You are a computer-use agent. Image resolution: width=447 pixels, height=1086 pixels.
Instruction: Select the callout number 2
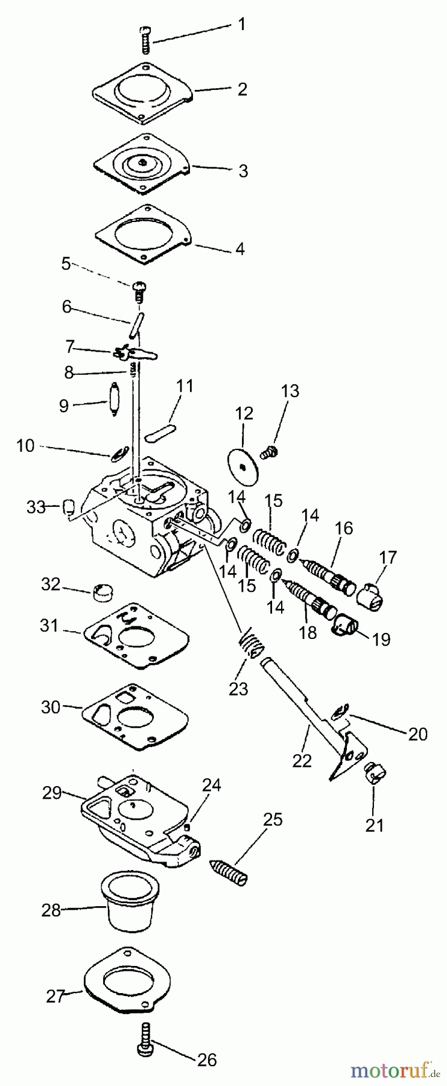[242, 89]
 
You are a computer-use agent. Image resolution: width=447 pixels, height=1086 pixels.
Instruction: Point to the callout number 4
[239, 249]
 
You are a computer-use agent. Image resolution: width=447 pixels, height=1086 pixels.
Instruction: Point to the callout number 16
[344, 529]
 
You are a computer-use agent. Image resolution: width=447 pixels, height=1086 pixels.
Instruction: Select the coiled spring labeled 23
[250, 646]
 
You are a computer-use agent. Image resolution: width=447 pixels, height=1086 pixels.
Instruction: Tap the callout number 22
[302, 761]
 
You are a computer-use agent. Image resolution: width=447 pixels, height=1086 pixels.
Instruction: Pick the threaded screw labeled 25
[229, 870]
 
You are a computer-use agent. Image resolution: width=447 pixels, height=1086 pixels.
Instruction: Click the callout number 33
[36, 507]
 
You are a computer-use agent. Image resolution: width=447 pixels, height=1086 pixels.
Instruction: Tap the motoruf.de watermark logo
[395, 1070]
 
